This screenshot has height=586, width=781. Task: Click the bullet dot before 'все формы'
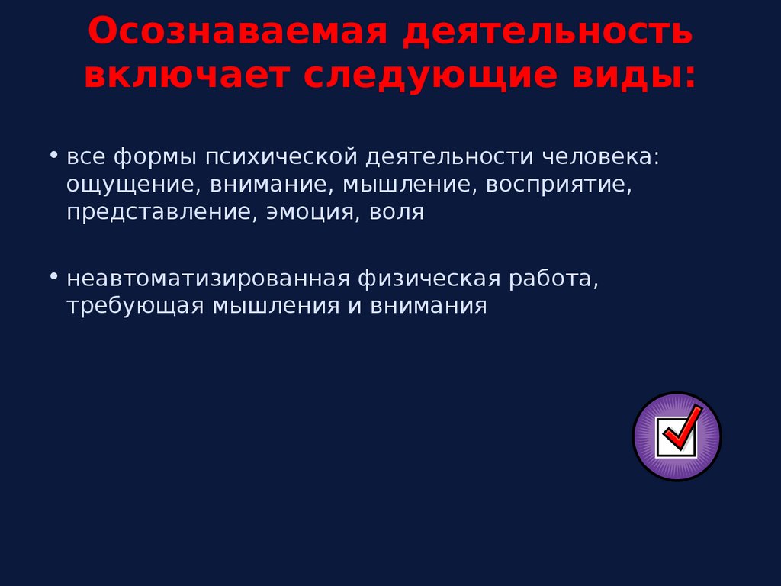point(54,154)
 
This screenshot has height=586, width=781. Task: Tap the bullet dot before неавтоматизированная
point(54,275)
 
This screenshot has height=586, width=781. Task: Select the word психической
point(282,157)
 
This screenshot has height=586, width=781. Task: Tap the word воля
point(396,211)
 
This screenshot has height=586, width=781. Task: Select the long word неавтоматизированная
point(207,279)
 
